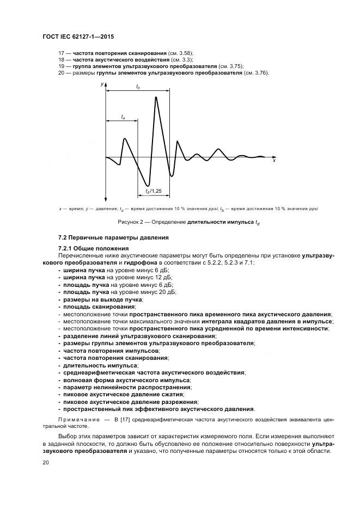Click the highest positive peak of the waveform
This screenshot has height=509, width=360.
click(156, 97)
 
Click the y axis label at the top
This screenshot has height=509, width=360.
click(102, 85)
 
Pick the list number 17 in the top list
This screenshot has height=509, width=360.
click(61, 52)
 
